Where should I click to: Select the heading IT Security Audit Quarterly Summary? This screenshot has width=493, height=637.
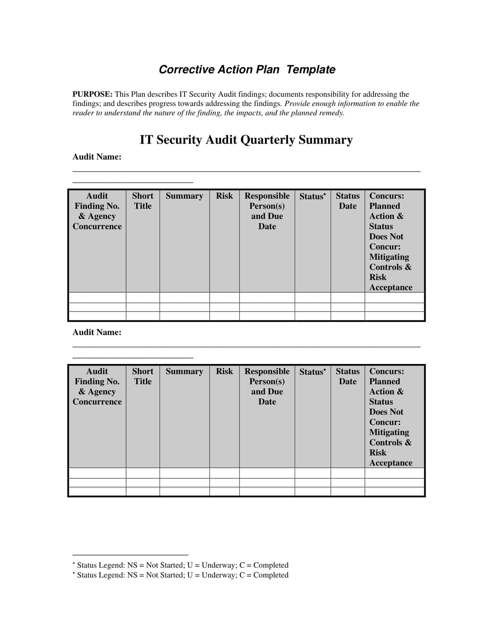pyautogui.click(x=246, y=140)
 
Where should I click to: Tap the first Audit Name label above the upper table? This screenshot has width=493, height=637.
pyautogui.click(x=97, y=157)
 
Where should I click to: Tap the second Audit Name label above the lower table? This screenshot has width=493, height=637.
pyautogui.click(x=97, y=332)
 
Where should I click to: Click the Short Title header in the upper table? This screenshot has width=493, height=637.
pyautogui.click(x=142, y=201)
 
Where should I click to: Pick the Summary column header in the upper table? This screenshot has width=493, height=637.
pyautogui.click(x=184, y=196)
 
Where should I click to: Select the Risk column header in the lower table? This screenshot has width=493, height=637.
pyautogui.click(x=224, y=371)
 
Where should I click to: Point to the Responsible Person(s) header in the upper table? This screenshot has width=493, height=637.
pyautogui.click(x=267, y=201)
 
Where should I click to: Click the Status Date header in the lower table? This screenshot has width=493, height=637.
pyautogui.click(x=347, y=376)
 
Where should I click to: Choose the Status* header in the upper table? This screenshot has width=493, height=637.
pyautogui.click(x=312, y=196)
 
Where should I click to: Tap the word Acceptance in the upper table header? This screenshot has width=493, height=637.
pyautogui.click(x=391, y=288)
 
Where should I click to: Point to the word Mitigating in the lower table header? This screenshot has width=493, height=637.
pyautogui.click(x=389, y=432)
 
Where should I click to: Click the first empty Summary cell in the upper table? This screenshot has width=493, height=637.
pyautogui.click(x=184, y=298)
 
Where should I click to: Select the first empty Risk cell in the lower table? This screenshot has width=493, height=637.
pyautogui.click(x=224, y=473)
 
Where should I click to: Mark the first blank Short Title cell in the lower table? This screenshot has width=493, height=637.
pyautogui.click(x=142, y=473)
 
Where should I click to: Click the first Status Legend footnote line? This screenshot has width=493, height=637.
pyautogui.click(x=180, y=565)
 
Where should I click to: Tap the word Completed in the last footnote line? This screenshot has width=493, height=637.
pyautogui.click(x=271, y=575)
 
